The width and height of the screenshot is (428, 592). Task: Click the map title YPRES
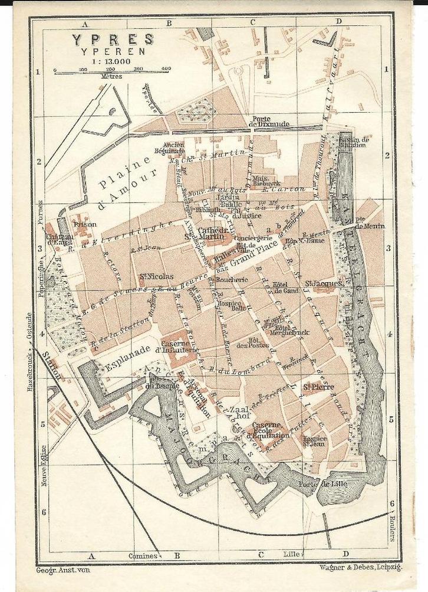pos(113,40)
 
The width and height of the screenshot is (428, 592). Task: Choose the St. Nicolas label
pos(156,276)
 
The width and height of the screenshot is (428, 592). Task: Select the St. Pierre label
pos(318,387)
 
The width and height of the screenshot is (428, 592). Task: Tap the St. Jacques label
pos(324,284)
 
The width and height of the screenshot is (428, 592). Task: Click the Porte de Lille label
pos(317,485)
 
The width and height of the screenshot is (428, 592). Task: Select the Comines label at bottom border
pos(144,555)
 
